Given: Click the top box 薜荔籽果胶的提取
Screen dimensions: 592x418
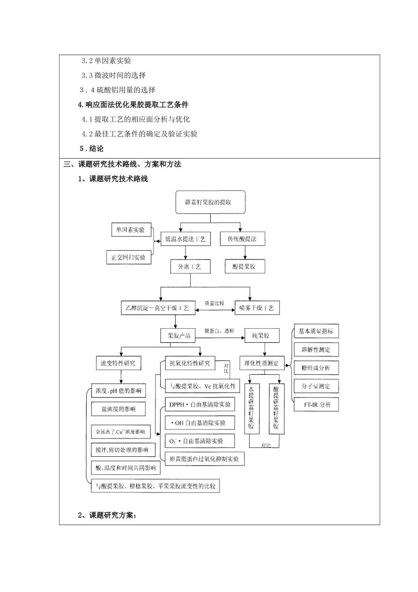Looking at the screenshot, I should click(210, 202).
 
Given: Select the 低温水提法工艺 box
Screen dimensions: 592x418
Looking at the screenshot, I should click(185, 239).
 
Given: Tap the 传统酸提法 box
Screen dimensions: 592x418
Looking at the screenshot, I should click(242, 239).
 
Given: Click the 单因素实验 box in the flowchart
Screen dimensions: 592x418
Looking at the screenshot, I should click(130, 229).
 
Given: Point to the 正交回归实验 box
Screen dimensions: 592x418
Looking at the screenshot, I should click(128, 257).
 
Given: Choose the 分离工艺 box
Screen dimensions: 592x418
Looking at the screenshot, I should click(190, 266).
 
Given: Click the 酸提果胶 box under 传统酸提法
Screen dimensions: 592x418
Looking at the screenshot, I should click(245, 266).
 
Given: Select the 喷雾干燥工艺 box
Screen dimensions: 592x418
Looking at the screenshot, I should click(257, 308).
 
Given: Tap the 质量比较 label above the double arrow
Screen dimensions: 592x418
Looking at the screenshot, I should click(214, 303).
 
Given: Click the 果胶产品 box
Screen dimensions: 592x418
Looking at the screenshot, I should click(176, 336).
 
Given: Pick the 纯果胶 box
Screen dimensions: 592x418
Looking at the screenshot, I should click(263, 336).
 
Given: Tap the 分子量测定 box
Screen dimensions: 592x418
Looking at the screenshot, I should click(316, 386).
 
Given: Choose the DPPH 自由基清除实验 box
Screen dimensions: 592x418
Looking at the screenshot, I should click(199, 404).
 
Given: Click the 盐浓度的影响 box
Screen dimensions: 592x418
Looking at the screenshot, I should click(119, 409).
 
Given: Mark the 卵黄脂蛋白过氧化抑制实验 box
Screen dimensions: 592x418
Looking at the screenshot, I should click(204, 459).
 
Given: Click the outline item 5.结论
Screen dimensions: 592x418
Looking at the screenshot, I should click(92, 148).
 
